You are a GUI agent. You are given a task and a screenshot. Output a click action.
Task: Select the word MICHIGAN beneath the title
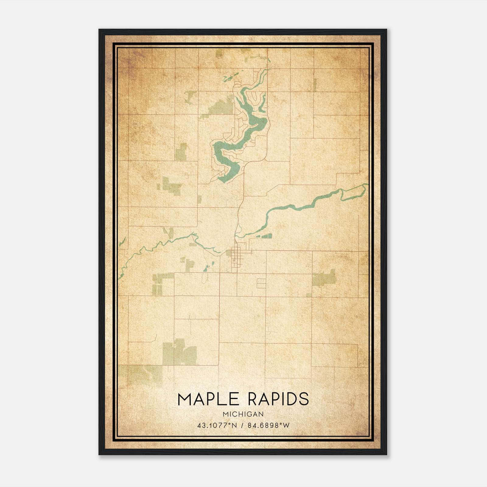pyautogui.click(x=243, y=414)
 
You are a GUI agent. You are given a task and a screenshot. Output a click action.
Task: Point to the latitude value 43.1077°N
pyautogui.click(x=217, y=426)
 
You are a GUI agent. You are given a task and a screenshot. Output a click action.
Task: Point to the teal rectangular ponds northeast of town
pyautogui.click(x=264, y=236)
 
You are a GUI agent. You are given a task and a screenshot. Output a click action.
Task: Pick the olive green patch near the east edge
pyautogui.click(x=324, y=278)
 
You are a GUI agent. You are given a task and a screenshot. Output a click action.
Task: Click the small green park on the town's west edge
pyautogui.click(x=229, y=253)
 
